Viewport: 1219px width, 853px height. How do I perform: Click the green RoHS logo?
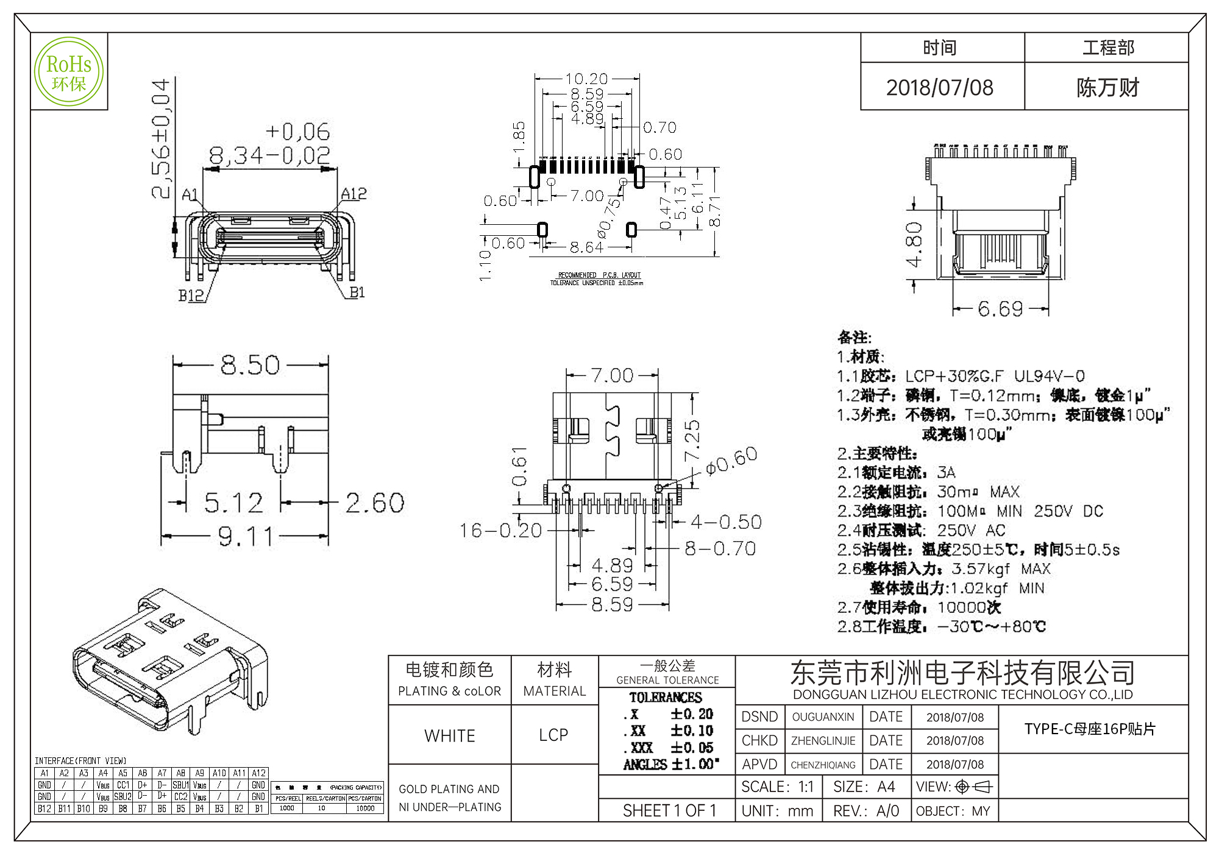click(69, 71)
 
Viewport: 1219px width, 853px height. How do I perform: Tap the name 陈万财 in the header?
click(1107, 88)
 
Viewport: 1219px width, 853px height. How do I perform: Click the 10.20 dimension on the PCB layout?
click(586, 79)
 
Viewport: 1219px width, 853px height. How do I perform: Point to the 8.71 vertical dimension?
click(715, 211)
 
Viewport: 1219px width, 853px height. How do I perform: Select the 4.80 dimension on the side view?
click(914, 244)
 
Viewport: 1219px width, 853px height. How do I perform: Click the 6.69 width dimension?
click(1000, 309)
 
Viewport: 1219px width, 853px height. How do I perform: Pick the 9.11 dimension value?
click(246, 537)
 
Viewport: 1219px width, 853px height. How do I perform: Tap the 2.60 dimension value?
click(375, 503)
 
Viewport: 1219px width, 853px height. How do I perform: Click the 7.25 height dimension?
click(692, 440)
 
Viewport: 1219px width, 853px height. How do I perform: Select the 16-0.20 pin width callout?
click(500, 531)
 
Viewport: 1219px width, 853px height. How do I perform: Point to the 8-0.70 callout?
click(720, 548)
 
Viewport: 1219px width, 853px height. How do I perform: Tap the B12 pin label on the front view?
click(191, 296)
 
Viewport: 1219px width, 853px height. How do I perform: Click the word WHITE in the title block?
click(450, 736)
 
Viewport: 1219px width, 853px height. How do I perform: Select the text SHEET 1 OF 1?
click(669, 811)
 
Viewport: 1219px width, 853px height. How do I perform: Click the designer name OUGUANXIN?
click(823, 717)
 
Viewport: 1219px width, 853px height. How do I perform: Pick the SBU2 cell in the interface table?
click(123, 796)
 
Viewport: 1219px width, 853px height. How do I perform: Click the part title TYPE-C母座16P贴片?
click(1090, 729)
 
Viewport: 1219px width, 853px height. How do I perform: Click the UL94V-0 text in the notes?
click(1049, 376)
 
